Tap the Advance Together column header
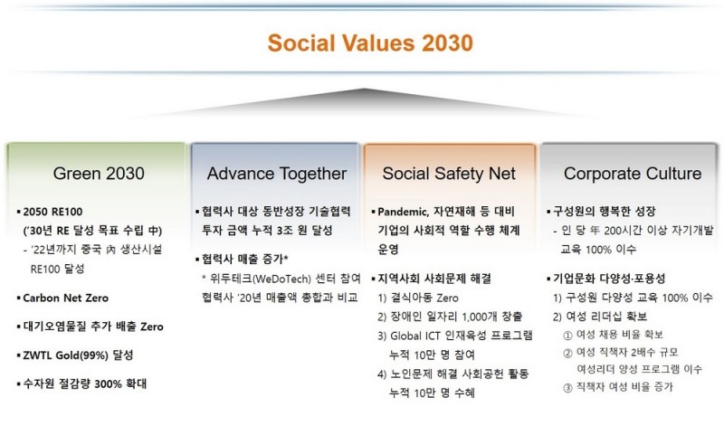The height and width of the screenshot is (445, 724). pos(276,172)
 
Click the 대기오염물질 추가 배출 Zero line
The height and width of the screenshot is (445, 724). pos(92,326)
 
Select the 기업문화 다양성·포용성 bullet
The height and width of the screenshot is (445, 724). pos(615,278)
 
